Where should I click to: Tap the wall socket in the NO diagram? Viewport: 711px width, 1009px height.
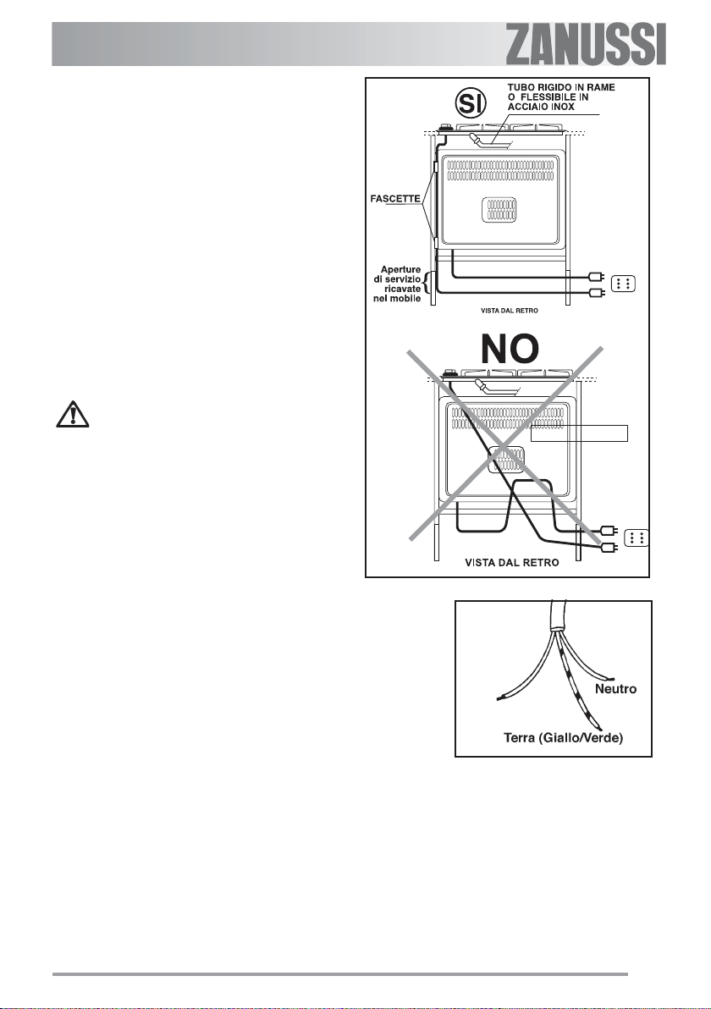pyautogui.click(x=637, y=537)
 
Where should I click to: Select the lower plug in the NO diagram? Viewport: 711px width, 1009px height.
pyautogui.click(x=607, y=547)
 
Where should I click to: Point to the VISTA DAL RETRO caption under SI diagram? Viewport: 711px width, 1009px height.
pyautogui.click(x=504, y=311)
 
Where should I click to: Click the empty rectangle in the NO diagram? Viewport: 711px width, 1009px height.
pyautogui.click(x=580, y=433)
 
